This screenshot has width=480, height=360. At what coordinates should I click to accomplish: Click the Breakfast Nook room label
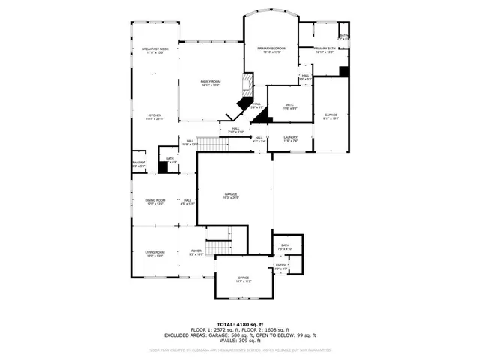click(154, 51)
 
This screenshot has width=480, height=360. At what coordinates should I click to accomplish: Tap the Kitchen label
click(154, 116)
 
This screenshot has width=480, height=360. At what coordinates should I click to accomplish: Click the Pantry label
click(139, 164)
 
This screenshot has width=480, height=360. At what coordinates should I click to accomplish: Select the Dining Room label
click(155, 202)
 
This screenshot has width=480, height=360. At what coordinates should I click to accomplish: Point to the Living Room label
click(154, 254)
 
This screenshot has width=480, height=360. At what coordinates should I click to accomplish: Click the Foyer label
click(196, 253)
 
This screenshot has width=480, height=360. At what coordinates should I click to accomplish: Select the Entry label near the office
click(281, 266)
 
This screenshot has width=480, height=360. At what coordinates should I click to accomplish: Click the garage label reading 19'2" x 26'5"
click(231, 196)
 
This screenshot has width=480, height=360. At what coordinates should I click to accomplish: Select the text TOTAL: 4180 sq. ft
click(240, 323)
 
